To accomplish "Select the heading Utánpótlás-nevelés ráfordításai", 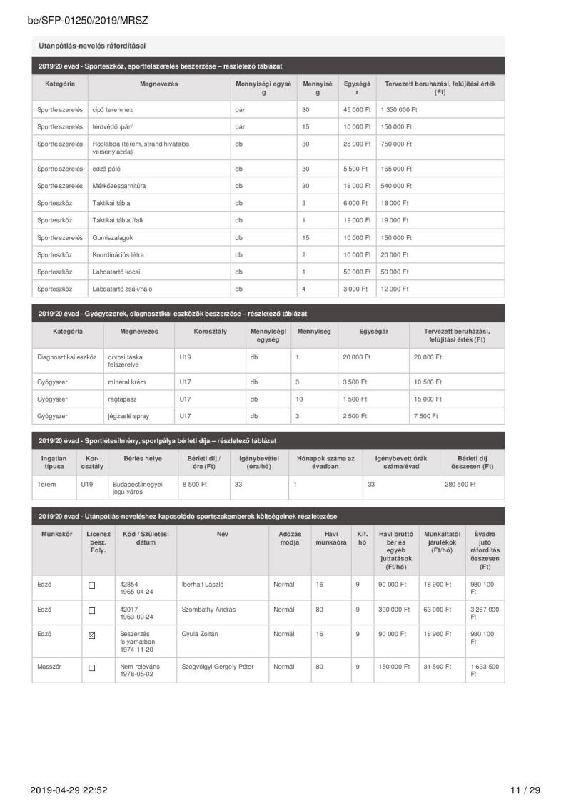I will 92,46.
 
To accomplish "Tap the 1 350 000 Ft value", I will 399,110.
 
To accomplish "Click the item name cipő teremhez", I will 113,110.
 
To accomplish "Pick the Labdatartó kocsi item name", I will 118,272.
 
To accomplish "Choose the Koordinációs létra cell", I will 119,254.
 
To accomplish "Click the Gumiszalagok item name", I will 113,237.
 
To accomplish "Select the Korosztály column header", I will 211,332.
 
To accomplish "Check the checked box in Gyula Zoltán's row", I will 91,635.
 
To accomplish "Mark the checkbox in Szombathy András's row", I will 91,610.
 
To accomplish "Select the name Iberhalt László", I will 203,585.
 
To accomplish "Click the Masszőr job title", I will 49,666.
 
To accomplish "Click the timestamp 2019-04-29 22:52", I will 69,790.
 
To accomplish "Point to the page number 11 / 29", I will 525,790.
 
